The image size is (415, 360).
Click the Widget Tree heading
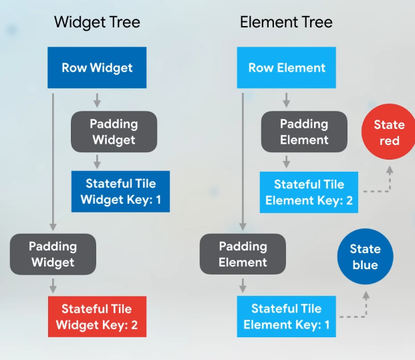click(97, 22)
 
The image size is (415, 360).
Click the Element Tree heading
click(286, 22)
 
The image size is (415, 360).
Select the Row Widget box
click(97, 67)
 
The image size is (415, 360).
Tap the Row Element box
click(287, 67)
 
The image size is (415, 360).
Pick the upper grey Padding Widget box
click(114, 132)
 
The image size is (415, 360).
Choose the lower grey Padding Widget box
click(53, 254)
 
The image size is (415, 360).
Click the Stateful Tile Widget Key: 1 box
click(120, 191)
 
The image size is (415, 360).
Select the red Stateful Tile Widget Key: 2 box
click(97, 317)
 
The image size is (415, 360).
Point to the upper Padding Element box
click(304, 132)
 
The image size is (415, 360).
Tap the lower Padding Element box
click(243, 254)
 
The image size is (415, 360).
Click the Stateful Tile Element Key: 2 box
click(309, 192)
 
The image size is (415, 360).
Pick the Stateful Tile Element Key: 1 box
click(287, 317)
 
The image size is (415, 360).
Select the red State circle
click(389, 132)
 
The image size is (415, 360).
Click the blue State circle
click(366, 256)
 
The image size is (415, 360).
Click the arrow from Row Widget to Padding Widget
click(97, 100)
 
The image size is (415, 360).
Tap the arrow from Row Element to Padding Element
click(287, 100)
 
